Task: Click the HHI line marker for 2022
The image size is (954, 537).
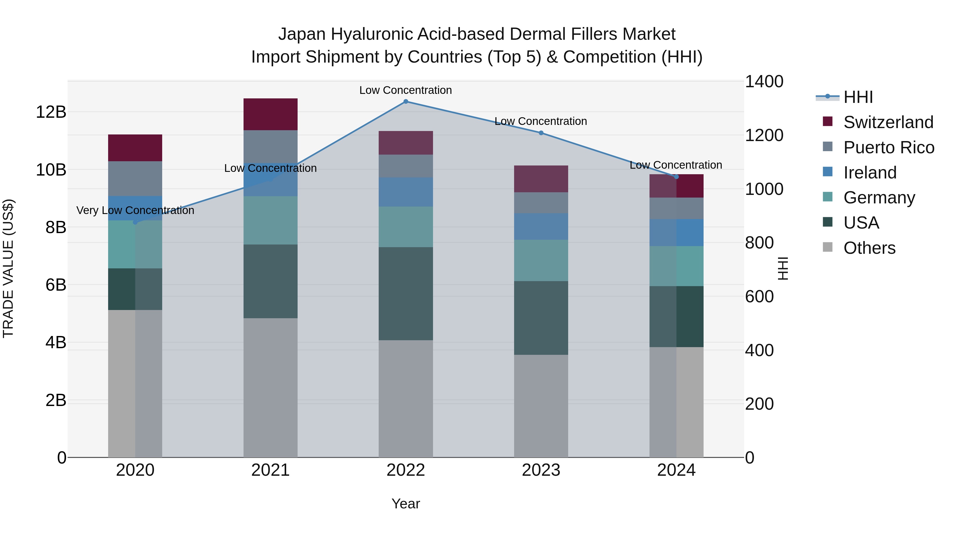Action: point(405,102)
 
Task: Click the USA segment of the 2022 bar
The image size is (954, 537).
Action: point(405,294)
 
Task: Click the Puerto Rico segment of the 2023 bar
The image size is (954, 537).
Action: point(541,203)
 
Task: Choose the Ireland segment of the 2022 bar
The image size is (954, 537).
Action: point(405,192)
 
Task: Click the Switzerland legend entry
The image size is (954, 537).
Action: point(888,122)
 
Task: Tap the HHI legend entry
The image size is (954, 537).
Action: point(858,97)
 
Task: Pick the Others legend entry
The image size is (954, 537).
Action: point(869,248)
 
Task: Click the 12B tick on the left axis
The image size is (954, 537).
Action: point(51,112)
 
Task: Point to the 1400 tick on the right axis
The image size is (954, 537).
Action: point(764,81)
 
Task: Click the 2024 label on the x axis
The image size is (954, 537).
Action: point(676,470)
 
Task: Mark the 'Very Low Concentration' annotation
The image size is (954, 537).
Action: point(135,211)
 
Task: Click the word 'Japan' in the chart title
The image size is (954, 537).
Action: point(302,34)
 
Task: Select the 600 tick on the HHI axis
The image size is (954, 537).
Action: point(759,296)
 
